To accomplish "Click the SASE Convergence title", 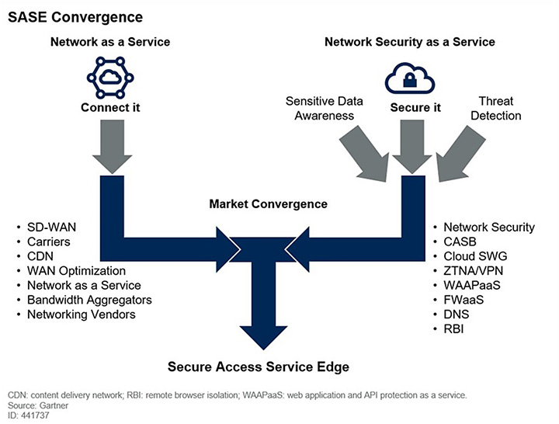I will coord(66,16).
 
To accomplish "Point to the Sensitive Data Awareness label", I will coord(320,109).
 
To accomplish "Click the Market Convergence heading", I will coord(268,204).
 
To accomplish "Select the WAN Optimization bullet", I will coord(76,271).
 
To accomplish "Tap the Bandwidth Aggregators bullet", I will coord(89,300).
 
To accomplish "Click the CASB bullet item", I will coord(460,242).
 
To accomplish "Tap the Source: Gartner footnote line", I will coord(38,405).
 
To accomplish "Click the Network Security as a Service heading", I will coord(409,41).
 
